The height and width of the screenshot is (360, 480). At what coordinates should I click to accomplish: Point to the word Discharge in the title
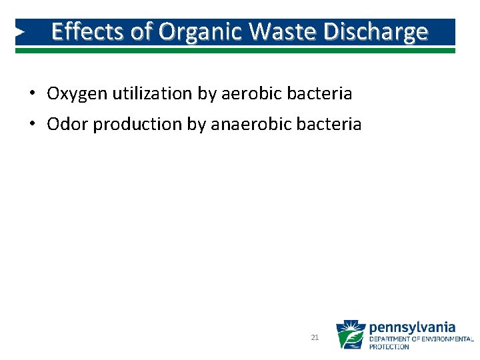coord(378,31)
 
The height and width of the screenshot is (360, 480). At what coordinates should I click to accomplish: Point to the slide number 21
coord(315,338)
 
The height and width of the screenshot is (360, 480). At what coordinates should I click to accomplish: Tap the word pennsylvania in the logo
coord(412,327)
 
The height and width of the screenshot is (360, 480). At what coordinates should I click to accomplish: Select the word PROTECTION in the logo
coord(390,347)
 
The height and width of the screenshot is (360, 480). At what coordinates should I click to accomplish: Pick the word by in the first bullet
coord(206,94)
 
